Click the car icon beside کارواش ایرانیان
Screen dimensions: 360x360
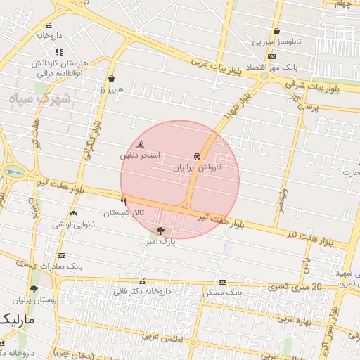coord(196,155)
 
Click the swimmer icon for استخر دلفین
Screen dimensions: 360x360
coord(141,145)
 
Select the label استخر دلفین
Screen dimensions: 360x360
coord(140,155)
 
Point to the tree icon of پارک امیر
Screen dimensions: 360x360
coord(161,231)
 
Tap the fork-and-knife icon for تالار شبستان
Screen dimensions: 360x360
coord(124,202)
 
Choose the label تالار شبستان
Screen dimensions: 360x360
coord(124,212)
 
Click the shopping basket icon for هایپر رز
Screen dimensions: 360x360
coord(112,79)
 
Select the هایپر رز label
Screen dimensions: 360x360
coord(111,89)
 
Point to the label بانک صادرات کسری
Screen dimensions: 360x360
coord(61,266)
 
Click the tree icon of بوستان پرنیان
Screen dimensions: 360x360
coord(34,289)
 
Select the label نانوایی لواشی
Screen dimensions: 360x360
coord(73,223)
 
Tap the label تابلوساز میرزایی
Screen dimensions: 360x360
coord(277,42)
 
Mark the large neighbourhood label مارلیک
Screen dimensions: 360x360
coord(18,320)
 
